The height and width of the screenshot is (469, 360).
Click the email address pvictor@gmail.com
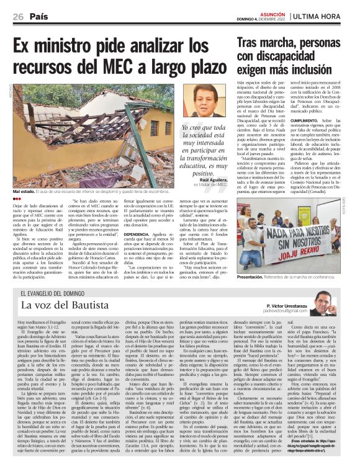click(286, 311)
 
